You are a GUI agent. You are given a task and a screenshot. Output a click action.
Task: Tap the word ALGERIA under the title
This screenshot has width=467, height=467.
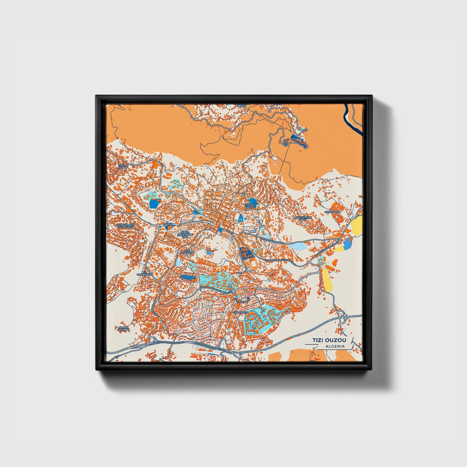point(335,346)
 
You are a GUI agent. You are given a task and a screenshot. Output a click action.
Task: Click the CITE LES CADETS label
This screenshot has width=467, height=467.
point(250,206)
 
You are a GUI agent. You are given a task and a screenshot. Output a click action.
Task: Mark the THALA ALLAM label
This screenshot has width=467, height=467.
point(123,166)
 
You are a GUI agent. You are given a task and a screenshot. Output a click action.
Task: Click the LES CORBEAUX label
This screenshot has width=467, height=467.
point(144,273)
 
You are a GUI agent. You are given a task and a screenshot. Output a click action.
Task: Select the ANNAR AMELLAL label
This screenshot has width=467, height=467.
point(123,329)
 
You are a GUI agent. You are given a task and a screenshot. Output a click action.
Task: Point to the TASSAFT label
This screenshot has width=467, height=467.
point(242,301)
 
